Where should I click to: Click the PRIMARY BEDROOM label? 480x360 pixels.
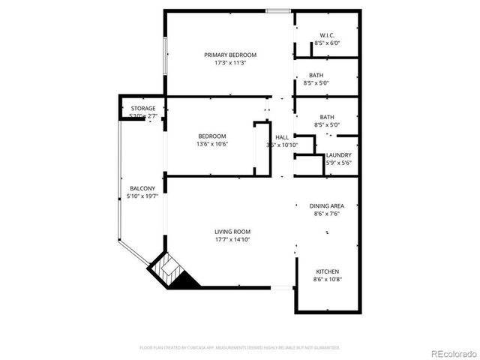pos(230,55)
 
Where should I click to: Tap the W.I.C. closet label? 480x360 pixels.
pos(327,35)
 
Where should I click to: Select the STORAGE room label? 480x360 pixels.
pos(142,109)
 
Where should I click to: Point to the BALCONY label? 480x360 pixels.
pos(142,188)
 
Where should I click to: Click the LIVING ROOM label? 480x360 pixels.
pos(232,232)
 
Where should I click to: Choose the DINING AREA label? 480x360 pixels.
pos(326,205)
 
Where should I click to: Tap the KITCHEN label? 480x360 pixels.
pos(326,271)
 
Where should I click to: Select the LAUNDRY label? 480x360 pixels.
pos(338,155)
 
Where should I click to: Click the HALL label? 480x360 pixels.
pos(282,137)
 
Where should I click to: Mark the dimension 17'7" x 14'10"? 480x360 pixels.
pos(232,240)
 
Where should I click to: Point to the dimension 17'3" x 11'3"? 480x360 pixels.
pos(230,63)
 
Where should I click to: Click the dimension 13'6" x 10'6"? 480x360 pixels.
pos(212,144)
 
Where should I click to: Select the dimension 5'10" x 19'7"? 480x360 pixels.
pos(142,196)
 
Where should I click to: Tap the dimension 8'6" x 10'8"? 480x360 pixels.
pos(326,280)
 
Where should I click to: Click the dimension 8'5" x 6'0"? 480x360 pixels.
pos(327,43)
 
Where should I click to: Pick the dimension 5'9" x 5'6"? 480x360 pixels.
pos(338,163)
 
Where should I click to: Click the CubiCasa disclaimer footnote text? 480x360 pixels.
pos(240,348)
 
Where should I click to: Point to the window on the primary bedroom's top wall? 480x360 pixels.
pos(277,10)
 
